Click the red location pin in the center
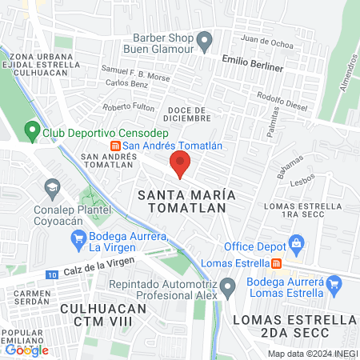(180, 164)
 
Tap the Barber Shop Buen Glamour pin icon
(204, 39)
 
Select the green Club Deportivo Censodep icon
(32, 129)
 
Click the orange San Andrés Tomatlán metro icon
(116, 146)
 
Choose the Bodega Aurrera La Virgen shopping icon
(78, 237)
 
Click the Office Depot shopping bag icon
(296, 242)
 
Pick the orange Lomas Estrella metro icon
(276, 262)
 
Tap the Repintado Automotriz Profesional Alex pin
(228, 286)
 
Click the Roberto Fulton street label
(128, 107)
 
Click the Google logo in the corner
(26, 350)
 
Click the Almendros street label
(346, 74)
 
